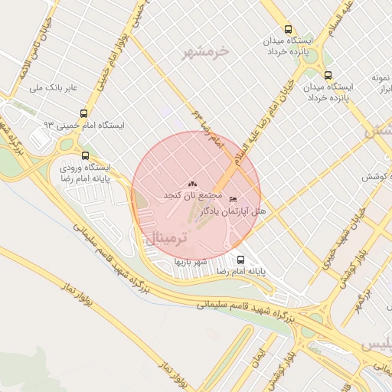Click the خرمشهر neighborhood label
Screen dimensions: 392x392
[x=206, y=52]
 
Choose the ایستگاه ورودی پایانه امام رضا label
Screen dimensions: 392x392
[x=84, y=172]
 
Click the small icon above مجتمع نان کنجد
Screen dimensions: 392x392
[x=191, y=184]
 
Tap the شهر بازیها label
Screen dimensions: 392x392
[x=191, y=262]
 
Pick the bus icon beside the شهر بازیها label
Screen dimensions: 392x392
[x=241, y=260]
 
